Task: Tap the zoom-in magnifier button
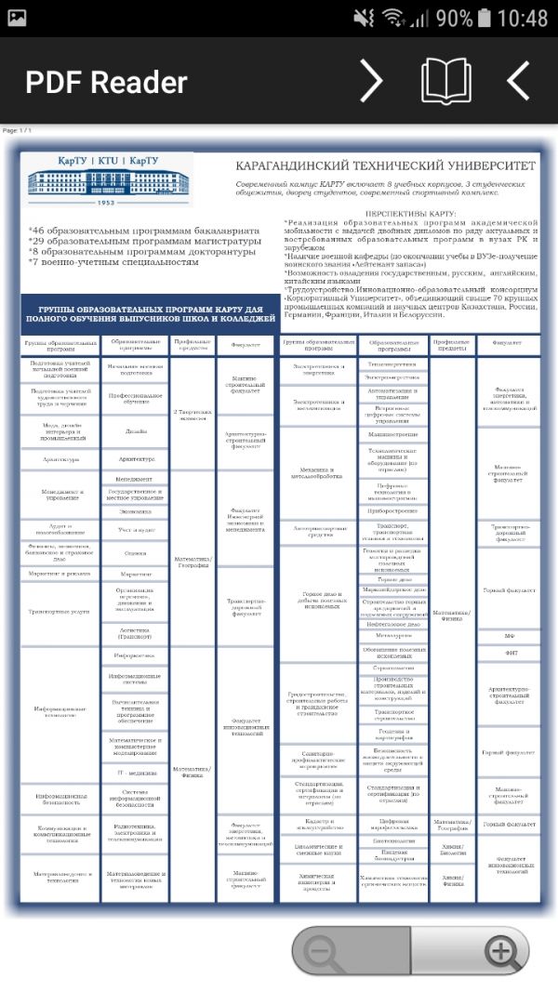(x=501, y=951)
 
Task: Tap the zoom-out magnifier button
(x=322, y=951)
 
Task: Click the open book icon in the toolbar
(x=445, y=81)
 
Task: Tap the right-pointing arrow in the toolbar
(x=371, y=81)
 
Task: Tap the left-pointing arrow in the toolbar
(x=518, y=81)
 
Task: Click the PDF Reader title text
(x=106, y=82)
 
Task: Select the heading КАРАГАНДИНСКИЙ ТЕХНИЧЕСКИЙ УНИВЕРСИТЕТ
(x=386, y=165)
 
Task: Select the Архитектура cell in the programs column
(x=137, y=459)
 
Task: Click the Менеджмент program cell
(x=137, y=479)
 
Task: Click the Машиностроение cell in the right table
(x=392, y=434)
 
